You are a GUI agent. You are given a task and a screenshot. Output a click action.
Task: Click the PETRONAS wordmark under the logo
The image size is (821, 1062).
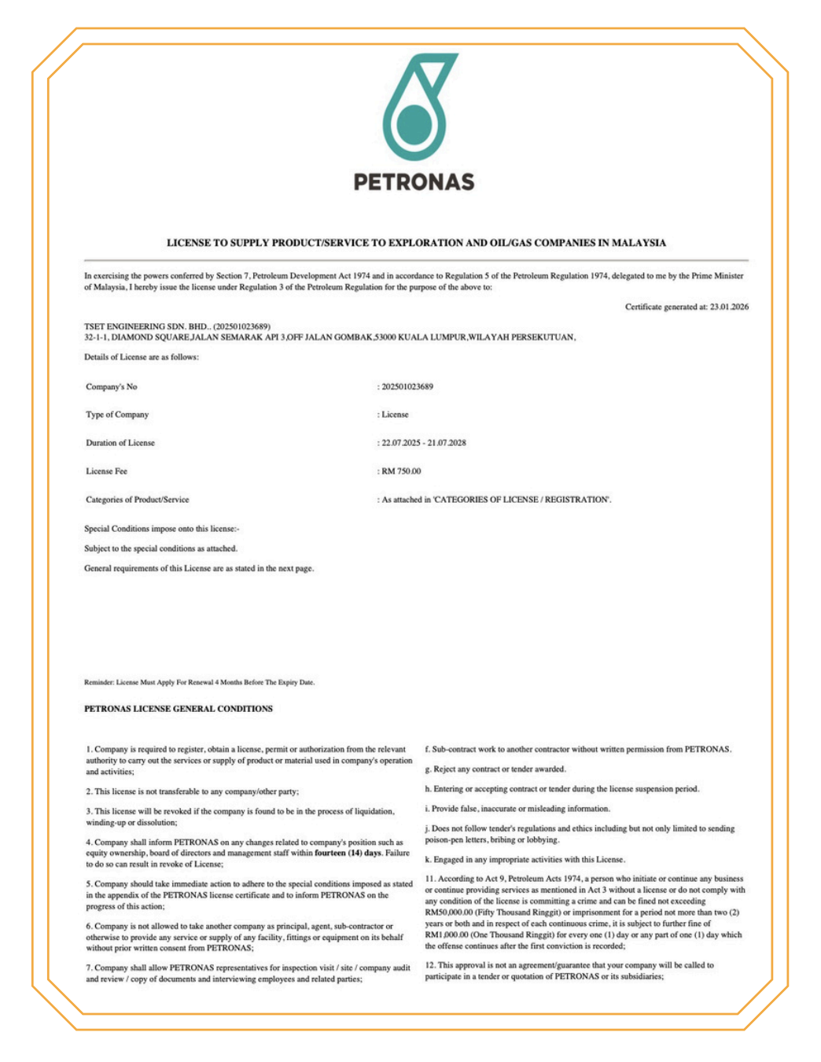(414, 183)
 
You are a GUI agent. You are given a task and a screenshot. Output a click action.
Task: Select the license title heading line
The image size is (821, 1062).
(416, 243)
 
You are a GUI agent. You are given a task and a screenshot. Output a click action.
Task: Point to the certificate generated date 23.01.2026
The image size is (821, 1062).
(729, 307)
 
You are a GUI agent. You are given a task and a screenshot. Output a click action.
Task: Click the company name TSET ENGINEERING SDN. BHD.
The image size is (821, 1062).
(146, 326)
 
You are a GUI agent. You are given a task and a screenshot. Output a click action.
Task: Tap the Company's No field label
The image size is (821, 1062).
(112, 387)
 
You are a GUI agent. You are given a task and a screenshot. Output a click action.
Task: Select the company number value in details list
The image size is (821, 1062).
(407, 387)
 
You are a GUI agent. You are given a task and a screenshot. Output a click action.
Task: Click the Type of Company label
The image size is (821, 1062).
(117, 415)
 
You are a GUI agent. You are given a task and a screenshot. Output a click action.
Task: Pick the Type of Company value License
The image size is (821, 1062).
(395, 415)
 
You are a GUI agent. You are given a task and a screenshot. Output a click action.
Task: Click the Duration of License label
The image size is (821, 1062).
(120, 443)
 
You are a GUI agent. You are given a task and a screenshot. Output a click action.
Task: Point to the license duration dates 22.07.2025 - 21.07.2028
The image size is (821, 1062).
(424, 443)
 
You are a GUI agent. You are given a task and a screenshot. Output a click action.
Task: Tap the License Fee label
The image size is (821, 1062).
(106, 471)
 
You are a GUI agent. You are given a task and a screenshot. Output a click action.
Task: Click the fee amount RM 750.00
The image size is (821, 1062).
(401, 471)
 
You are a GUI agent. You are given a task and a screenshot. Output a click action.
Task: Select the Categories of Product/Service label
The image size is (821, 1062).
(138, 500)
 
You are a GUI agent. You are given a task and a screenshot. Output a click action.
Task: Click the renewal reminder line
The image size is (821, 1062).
(199, 682)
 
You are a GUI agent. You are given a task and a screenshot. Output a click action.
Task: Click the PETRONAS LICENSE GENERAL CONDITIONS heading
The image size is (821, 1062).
(179, 709)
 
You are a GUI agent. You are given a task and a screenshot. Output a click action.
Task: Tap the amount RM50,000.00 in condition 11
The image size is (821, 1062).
(449, 913)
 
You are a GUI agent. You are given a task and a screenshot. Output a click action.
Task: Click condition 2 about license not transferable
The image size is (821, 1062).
(193, 791)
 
